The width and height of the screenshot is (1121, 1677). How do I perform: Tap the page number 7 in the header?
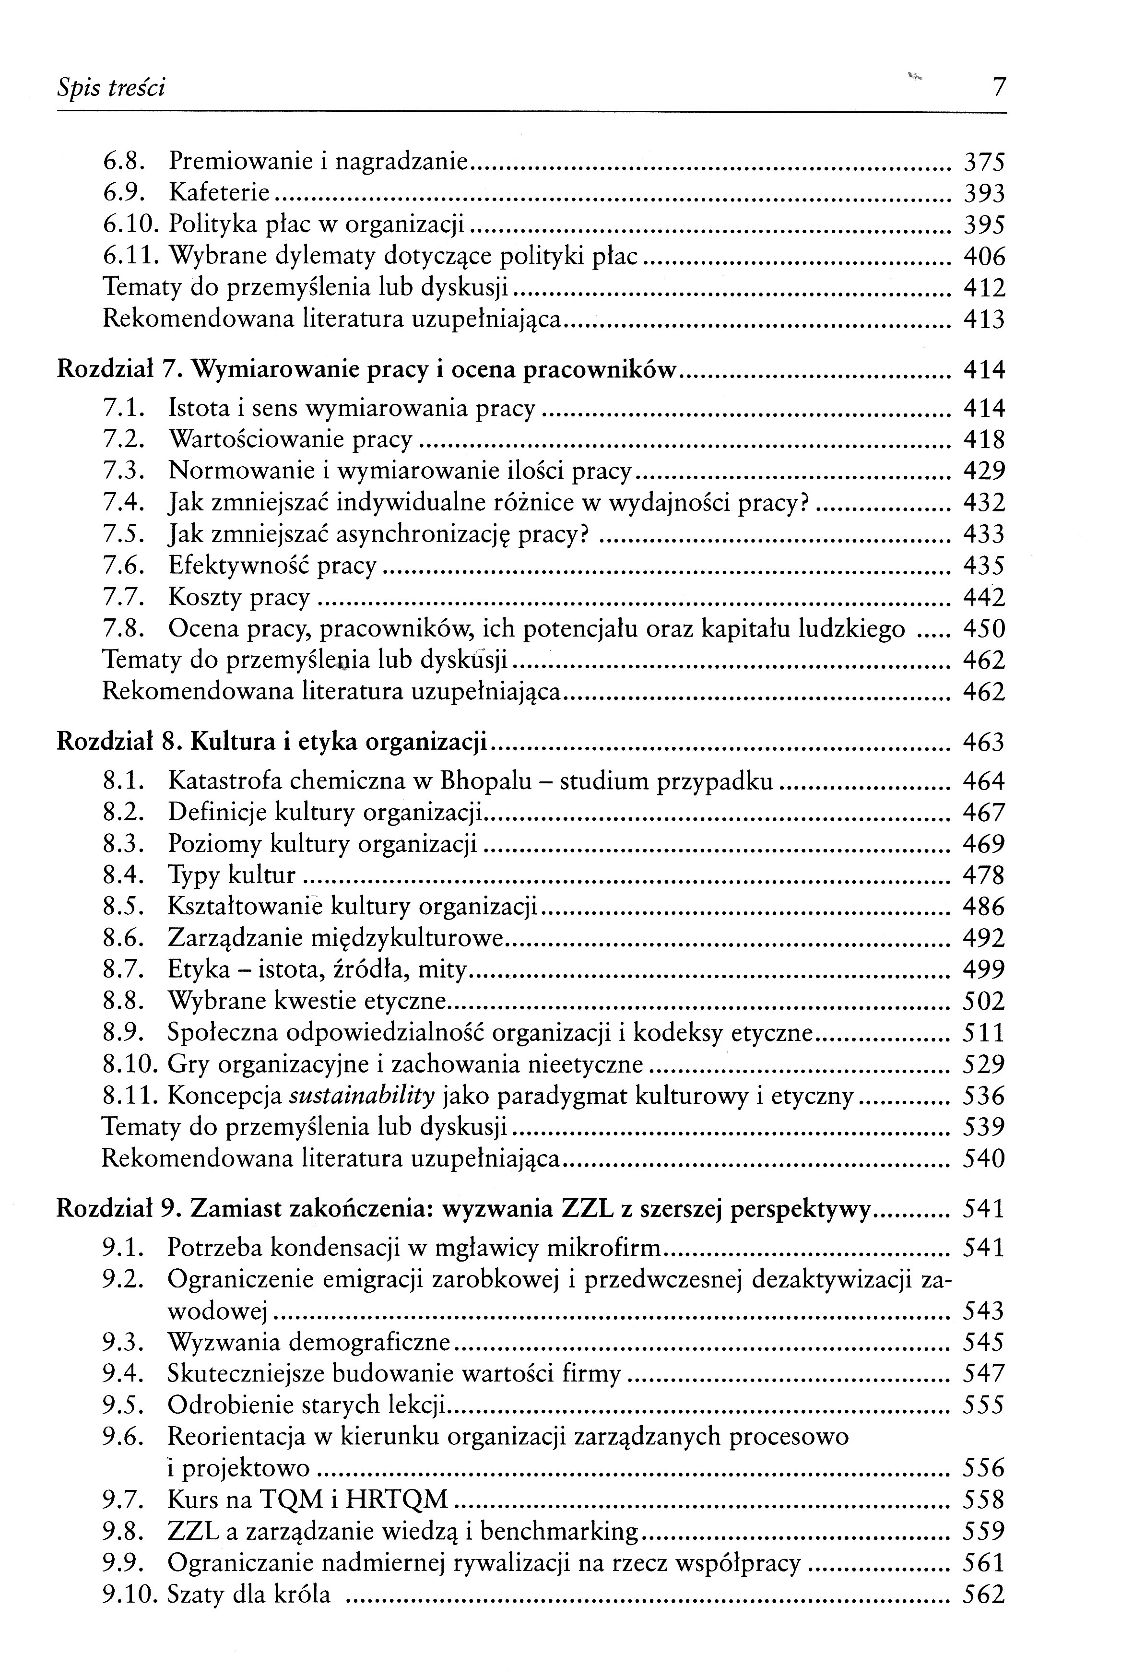pos(999,88)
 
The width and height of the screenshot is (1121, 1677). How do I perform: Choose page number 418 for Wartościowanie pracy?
pos(984,439)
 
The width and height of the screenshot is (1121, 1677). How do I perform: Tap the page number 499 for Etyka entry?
pos(984,969)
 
